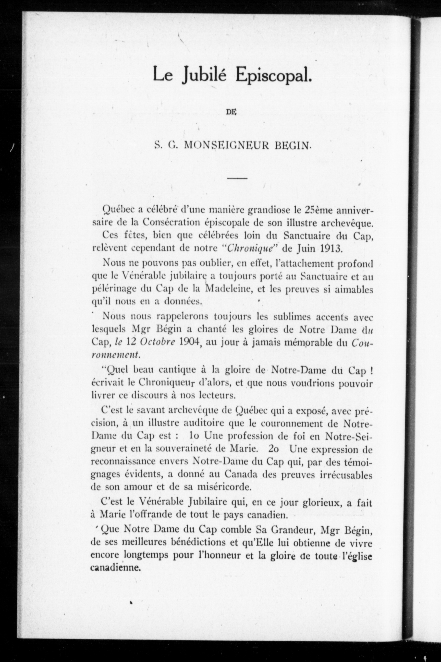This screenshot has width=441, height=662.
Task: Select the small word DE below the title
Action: coord(231,112)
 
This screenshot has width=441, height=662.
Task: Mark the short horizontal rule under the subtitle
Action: coord(237,179)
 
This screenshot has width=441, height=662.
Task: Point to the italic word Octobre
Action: coord(157,342)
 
